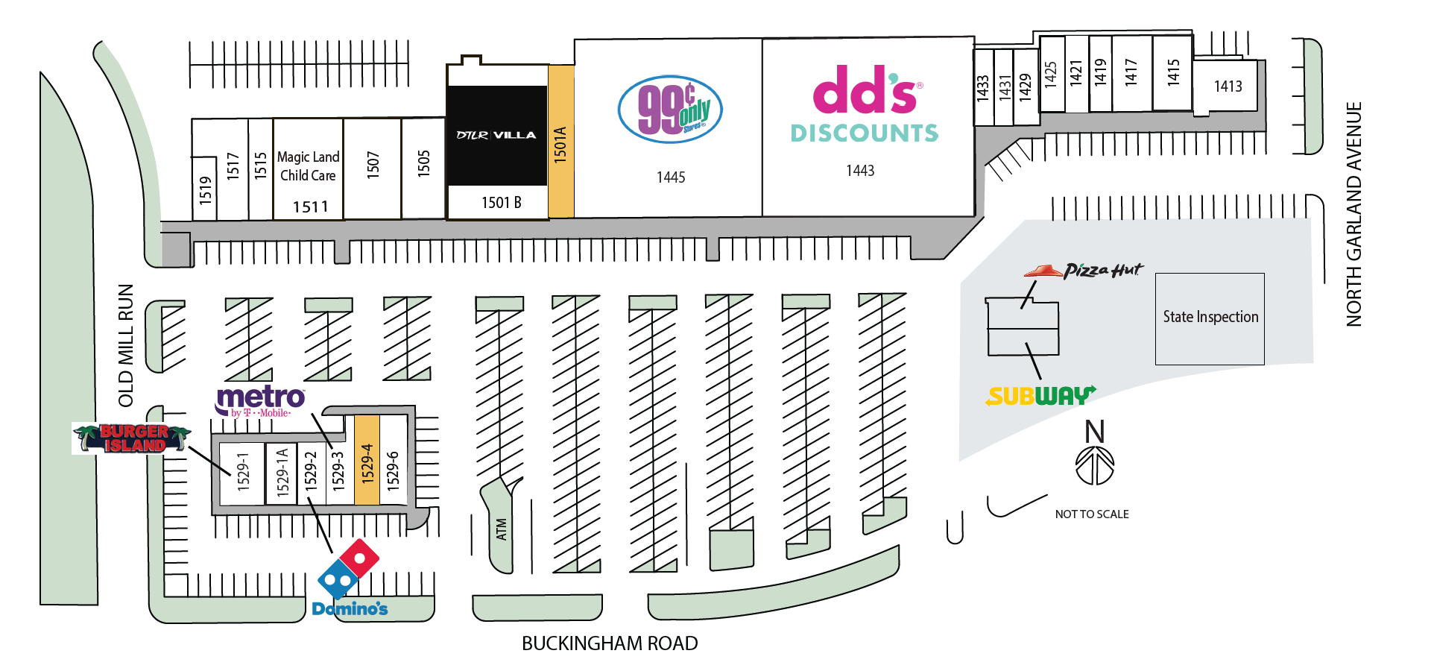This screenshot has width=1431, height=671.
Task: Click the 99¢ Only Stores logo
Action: click(x=670, y=110)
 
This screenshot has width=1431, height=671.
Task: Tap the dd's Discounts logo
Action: click(x=865, y=104)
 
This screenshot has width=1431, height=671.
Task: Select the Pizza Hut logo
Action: click(x=1083, y=271)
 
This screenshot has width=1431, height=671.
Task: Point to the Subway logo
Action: click(x=1040, y=395)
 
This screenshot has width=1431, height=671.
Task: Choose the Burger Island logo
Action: click(x=132, y=438)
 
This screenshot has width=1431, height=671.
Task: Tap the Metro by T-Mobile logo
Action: click(x=261, y=401)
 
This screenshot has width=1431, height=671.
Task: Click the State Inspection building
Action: click(x=1210, y=318)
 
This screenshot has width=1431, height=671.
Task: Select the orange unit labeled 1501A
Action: click(x=561, y=142)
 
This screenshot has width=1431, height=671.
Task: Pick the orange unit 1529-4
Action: click(x=367, y=460)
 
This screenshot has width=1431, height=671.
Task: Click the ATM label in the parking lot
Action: click(x=502, y=530)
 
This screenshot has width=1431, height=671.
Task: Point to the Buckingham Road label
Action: click(x=610, y=643)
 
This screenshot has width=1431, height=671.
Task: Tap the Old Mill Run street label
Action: click(x=126, y=345)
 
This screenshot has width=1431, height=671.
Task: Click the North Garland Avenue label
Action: click(x=1353, y=214)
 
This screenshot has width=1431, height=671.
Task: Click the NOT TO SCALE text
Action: click(x=1092, y=514)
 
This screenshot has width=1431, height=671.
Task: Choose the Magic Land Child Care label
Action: click(x=309, y=166)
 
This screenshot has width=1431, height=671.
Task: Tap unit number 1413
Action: click(x=1228, y=86)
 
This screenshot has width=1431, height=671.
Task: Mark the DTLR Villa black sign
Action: click(x=496, y=135)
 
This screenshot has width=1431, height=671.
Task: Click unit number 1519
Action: click(x=206, y=190)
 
